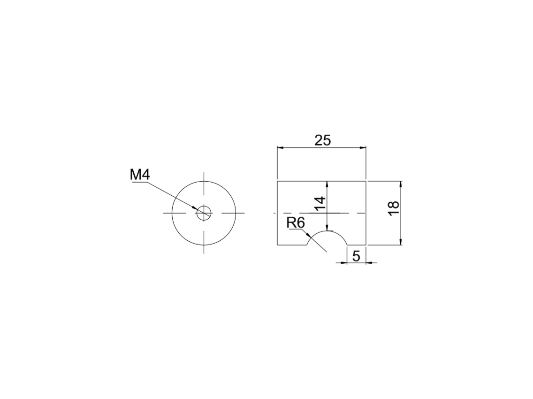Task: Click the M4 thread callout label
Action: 140,175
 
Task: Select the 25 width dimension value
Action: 322,140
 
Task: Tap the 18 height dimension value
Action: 394,208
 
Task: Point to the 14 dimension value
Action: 320,204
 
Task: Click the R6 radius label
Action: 296,223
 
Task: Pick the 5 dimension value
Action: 356,256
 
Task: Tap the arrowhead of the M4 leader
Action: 195,208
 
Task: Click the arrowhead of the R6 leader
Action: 308,235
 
